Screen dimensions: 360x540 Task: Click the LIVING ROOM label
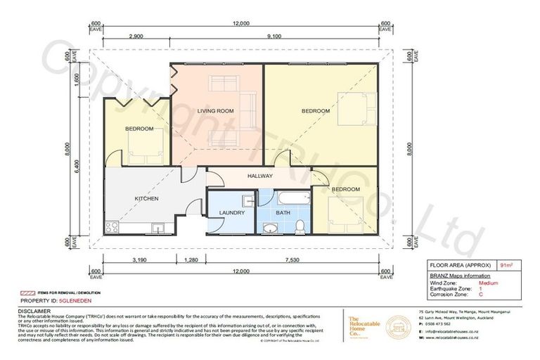tap(214, 111)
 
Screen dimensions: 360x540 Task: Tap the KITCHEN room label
tap(146, 199)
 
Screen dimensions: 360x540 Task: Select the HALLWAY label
tap(259, 176)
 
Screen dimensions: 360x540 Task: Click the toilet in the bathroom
tap(300, 225)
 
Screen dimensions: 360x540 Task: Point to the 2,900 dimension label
tap(137, 35)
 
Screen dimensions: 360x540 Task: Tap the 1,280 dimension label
tap(189, 259)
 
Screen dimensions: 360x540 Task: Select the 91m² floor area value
tap(505, 266)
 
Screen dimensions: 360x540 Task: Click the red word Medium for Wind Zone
tap(489, 283)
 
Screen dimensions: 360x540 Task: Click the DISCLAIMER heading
tap(34, 310)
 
